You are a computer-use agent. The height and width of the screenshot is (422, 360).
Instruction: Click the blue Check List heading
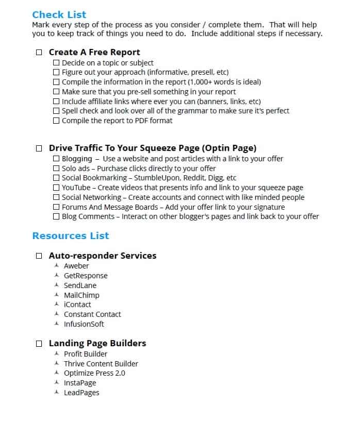click(59, 14)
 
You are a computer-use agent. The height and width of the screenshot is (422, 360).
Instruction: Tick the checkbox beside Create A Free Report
click(39, 53)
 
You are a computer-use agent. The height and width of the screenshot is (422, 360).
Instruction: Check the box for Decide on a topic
click(57, 63)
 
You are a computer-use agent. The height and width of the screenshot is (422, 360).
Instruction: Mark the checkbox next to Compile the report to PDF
click(57, 121)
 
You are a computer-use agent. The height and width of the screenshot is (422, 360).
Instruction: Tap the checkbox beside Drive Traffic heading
click(39, 148)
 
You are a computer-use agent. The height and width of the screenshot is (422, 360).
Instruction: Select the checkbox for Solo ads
click(57, 168)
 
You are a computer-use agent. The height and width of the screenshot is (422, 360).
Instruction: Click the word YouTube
click(76, 188)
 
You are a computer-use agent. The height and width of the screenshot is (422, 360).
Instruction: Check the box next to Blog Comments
click(57, 216)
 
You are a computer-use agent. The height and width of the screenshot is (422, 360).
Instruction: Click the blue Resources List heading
click(71, 236)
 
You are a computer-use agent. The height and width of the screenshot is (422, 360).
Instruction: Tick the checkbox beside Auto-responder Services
click(39, 256)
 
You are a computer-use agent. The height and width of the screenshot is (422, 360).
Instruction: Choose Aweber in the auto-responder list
click(76, 266)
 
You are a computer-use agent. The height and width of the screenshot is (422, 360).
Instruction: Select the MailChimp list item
click(81, 295)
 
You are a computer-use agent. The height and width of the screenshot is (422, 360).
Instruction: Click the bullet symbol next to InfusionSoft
click(57, 324)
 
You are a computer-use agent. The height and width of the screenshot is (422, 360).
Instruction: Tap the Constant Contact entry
click(92, 314)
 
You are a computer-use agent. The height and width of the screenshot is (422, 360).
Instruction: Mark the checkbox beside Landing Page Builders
click(39, 344)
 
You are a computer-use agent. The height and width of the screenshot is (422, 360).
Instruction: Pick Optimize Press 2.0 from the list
click(94, 373)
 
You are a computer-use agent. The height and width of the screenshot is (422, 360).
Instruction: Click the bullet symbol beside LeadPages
click(57, 392)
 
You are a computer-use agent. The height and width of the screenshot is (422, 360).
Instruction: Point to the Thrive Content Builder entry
click(101, 364)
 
